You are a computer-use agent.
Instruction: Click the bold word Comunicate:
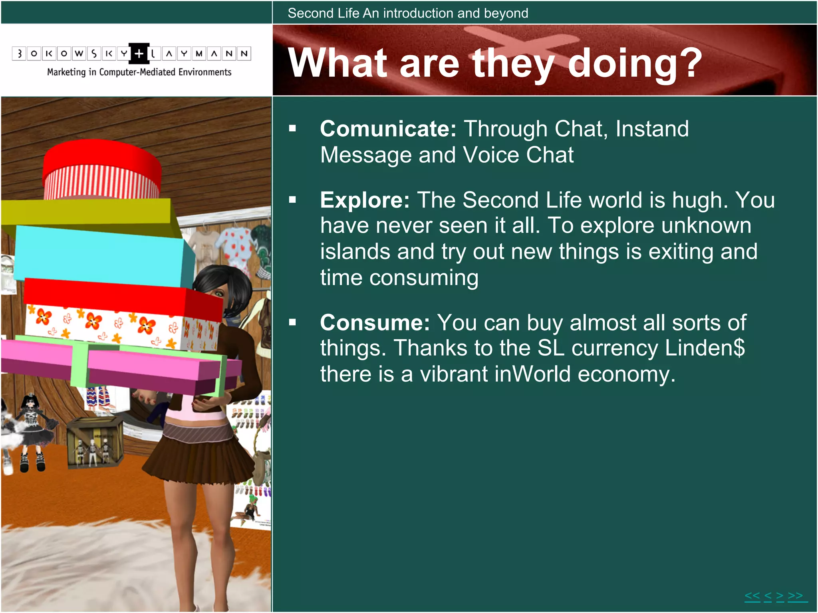click(x=388, y=129)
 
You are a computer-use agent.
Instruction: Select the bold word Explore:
click(x=365, y=200)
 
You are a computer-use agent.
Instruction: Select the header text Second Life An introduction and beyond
click(x=408, y=13)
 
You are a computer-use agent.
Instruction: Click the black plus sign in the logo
click(x=139, y=53)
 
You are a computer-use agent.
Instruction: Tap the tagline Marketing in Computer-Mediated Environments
click(x=139, y=72)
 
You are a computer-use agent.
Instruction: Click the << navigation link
click(x=752, y=596)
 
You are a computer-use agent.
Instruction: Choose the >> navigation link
click(x=795, y=596)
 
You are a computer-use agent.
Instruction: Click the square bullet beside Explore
click(x=293, y=200)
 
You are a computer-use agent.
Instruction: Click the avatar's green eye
click(x=219, y=294)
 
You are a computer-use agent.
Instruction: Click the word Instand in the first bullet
click(x=652, y=129)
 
